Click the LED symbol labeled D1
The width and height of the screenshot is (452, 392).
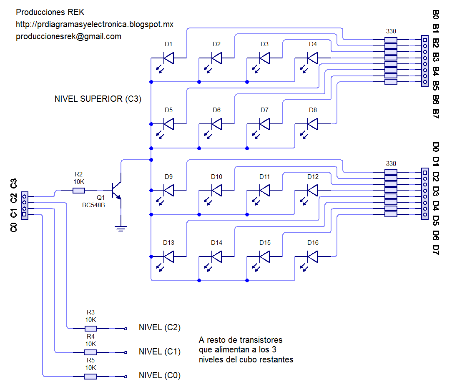(168, 58)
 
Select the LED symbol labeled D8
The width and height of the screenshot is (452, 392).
(312, 124)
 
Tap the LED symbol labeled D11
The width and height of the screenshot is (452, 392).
(264, 191)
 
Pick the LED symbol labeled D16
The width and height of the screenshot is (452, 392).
(312, 256)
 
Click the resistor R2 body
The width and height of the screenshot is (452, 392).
(79, 191)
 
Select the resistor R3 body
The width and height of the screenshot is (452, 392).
(90, 328)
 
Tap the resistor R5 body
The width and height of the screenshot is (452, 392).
(90, 377)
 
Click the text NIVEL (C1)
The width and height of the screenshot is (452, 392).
(159, 352)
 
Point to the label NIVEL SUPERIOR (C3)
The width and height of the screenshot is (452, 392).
(98, 99)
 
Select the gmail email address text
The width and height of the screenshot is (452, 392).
(68, 36)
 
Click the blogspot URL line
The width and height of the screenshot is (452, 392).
(94, 24)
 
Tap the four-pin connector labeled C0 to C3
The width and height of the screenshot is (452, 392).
(25, 206)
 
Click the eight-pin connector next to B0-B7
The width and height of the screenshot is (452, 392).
(424, 61)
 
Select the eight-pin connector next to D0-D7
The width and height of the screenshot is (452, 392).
(424, 194)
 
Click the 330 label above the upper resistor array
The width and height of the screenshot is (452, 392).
(391, 31)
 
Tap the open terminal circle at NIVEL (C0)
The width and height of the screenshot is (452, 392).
(126, 377)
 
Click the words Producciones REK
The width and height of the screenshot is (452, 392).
(50, 12)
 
